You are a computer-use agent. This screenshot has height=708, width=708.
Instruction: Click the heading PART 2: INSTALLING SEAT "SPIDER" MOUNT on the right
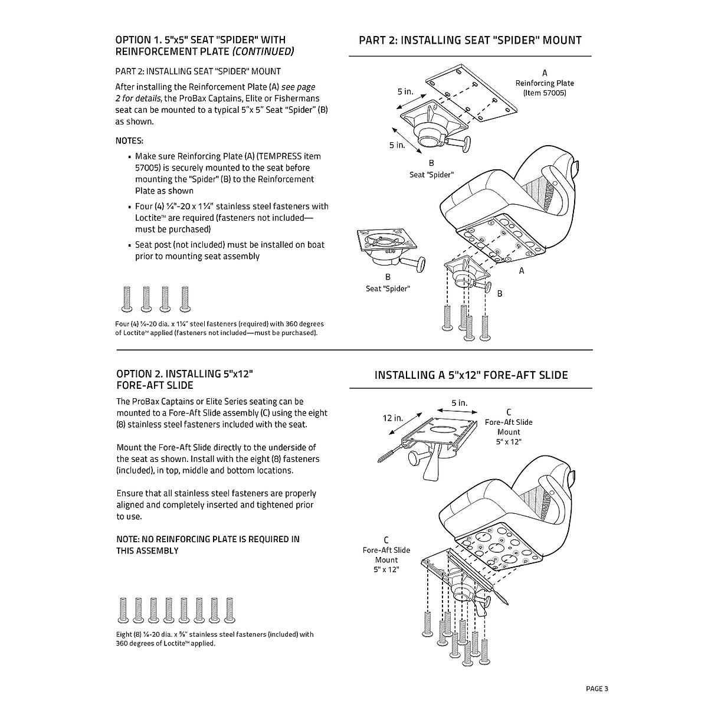point(470,40)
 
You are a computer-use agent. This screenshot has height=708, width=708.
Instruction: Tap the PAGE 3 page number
point(596,689)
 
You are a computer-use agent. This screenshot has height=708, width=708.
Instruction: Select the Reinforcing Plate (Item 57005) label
point(544,88)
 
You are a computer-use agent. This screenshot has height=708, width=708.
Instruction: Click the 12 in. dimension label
point(393,418)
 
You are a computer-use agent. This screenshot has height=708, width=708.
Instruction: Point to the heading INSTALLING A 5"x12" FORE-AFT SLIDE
point(471,375)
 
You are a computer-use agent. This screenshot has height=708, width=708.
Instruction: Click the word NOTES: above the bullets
point(129,140)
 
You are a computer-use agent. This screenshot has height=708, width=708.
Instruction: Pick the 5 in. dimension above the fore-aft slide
point(459,403)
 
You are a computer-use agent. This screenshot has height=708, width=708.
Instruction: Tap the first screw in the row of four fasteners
point(126,299)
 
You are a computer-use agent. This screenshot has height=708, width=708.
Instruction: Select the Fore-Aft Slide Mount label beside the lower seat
point(386,555)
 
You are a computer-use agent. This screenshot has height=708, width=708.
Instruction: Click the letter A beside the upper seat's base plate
point(522,271)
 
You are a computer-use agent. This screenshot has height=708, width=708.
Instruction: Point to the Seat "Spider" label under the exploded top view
point(431,175)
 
